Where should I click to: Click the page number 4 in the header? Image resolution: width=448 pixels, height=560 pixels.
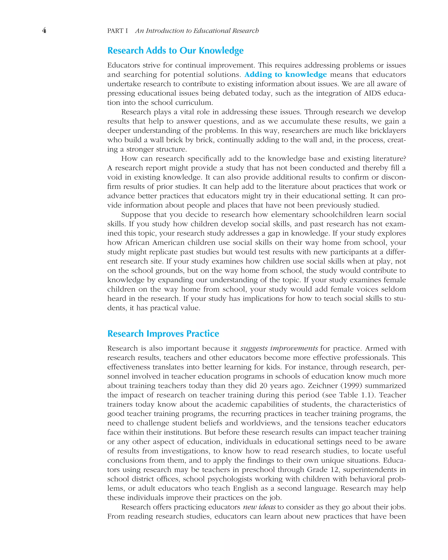coord(44,31)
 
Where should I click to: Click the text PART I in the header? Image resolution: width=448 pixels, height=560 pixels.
coord(118,31)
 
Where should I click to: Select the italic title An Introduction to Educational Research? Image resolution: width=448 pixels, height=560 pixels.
coord(197,31)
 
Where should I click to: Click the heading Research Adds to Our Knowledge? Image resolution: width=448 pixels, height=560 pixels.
coord(175,51)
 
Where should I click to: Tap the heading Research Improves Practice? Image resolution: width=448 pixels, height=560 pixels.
coord(163,334)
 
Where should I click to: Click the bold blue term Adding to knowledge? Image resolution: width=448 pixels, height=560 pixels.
coord(285,75)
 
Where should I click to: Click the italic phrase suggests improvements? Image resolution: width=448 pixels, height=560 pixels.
coord(279,348)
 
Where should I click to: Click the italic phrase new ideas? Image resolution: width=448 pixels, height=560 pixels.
coord(259,507)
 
